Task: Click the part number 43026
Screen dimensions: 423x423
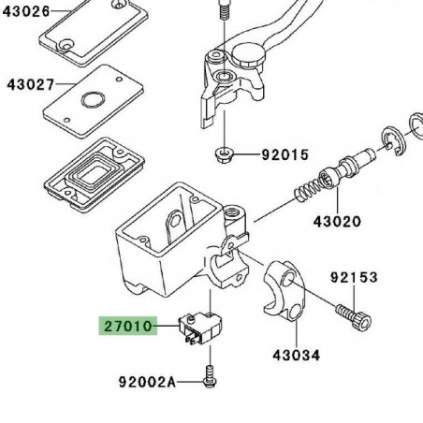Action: tap(26, 11)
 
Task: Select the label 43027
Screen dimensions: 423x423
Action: tap(31, 85)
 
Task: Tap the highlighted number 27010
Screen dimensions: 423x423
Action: tap(128, 327)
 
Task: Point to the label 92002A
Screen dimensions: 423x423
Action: tap(147, 382)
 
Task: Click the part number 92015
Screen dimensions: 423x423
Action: tap(285, 154)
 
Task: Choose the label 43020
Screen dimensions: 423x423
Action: tap(337, 222)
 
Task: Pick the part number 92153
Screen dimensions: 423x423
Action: tap(354, 277)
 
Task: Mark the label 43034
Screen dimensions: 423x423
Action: tap(297, 356)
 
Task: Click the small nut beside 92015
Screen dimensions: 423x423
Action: tap(222, 155)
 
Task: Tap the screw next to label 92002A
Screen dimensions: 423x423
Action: tap(210, 377)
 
